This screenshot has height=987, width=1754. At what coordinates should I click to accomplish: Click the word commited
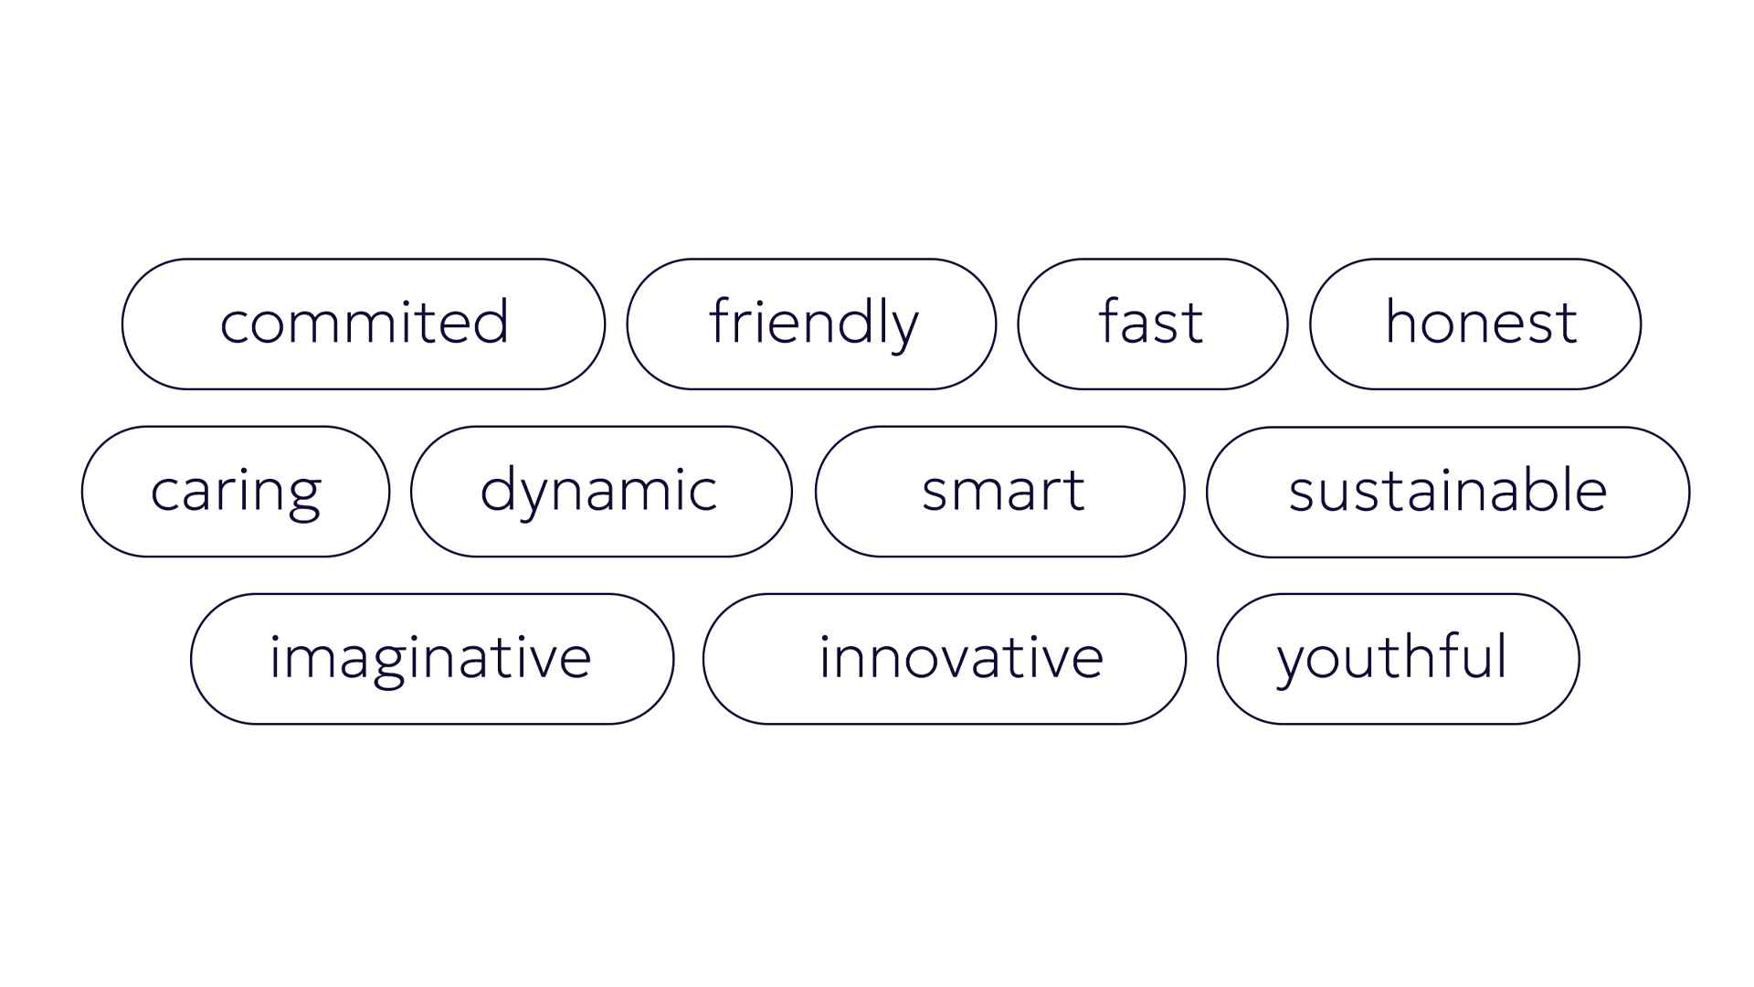[364, 322]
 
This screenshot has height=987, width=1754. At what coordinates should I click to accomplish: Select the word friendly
[813, 324]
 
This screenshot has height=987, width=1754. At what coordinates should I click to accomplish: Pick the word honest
[1481, 322]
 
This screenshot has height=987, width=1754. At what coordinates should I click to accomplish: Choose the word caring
[236, 493]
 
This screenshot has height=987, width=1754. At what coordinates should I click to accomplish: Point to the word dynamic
[598, 492]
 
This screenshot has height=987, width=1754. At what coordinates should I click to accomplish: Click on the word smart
[1003, 491]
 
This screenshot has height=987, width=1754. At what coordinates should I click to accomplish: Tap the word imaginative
[430, 660]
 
